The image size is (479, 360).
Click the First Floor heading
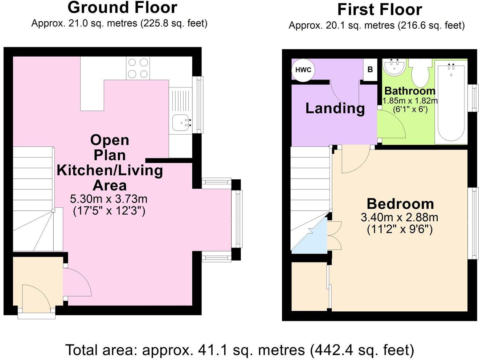tap(380, 10)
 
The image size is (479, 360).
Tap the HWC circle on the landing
tap(303, 70)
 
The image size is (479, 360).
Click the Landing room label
tap(335, 108)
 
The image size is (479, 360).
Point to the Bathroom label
tap(410, 91)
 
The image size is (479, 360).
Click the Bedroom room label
tap(400, 204)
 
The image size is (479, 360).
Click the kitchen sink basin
tap(180, 122)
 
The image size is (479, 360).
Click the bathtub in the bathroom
tap(451, 103)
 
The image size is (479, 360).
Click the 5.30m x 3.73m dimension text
tap(109, 199)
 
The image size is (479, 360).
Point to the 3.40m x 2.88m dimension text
tap(399, 218)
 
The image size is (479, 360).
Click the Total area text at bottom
tap(239, 350)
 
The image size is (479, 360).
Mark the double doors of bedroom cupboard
tap(334, 236)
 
